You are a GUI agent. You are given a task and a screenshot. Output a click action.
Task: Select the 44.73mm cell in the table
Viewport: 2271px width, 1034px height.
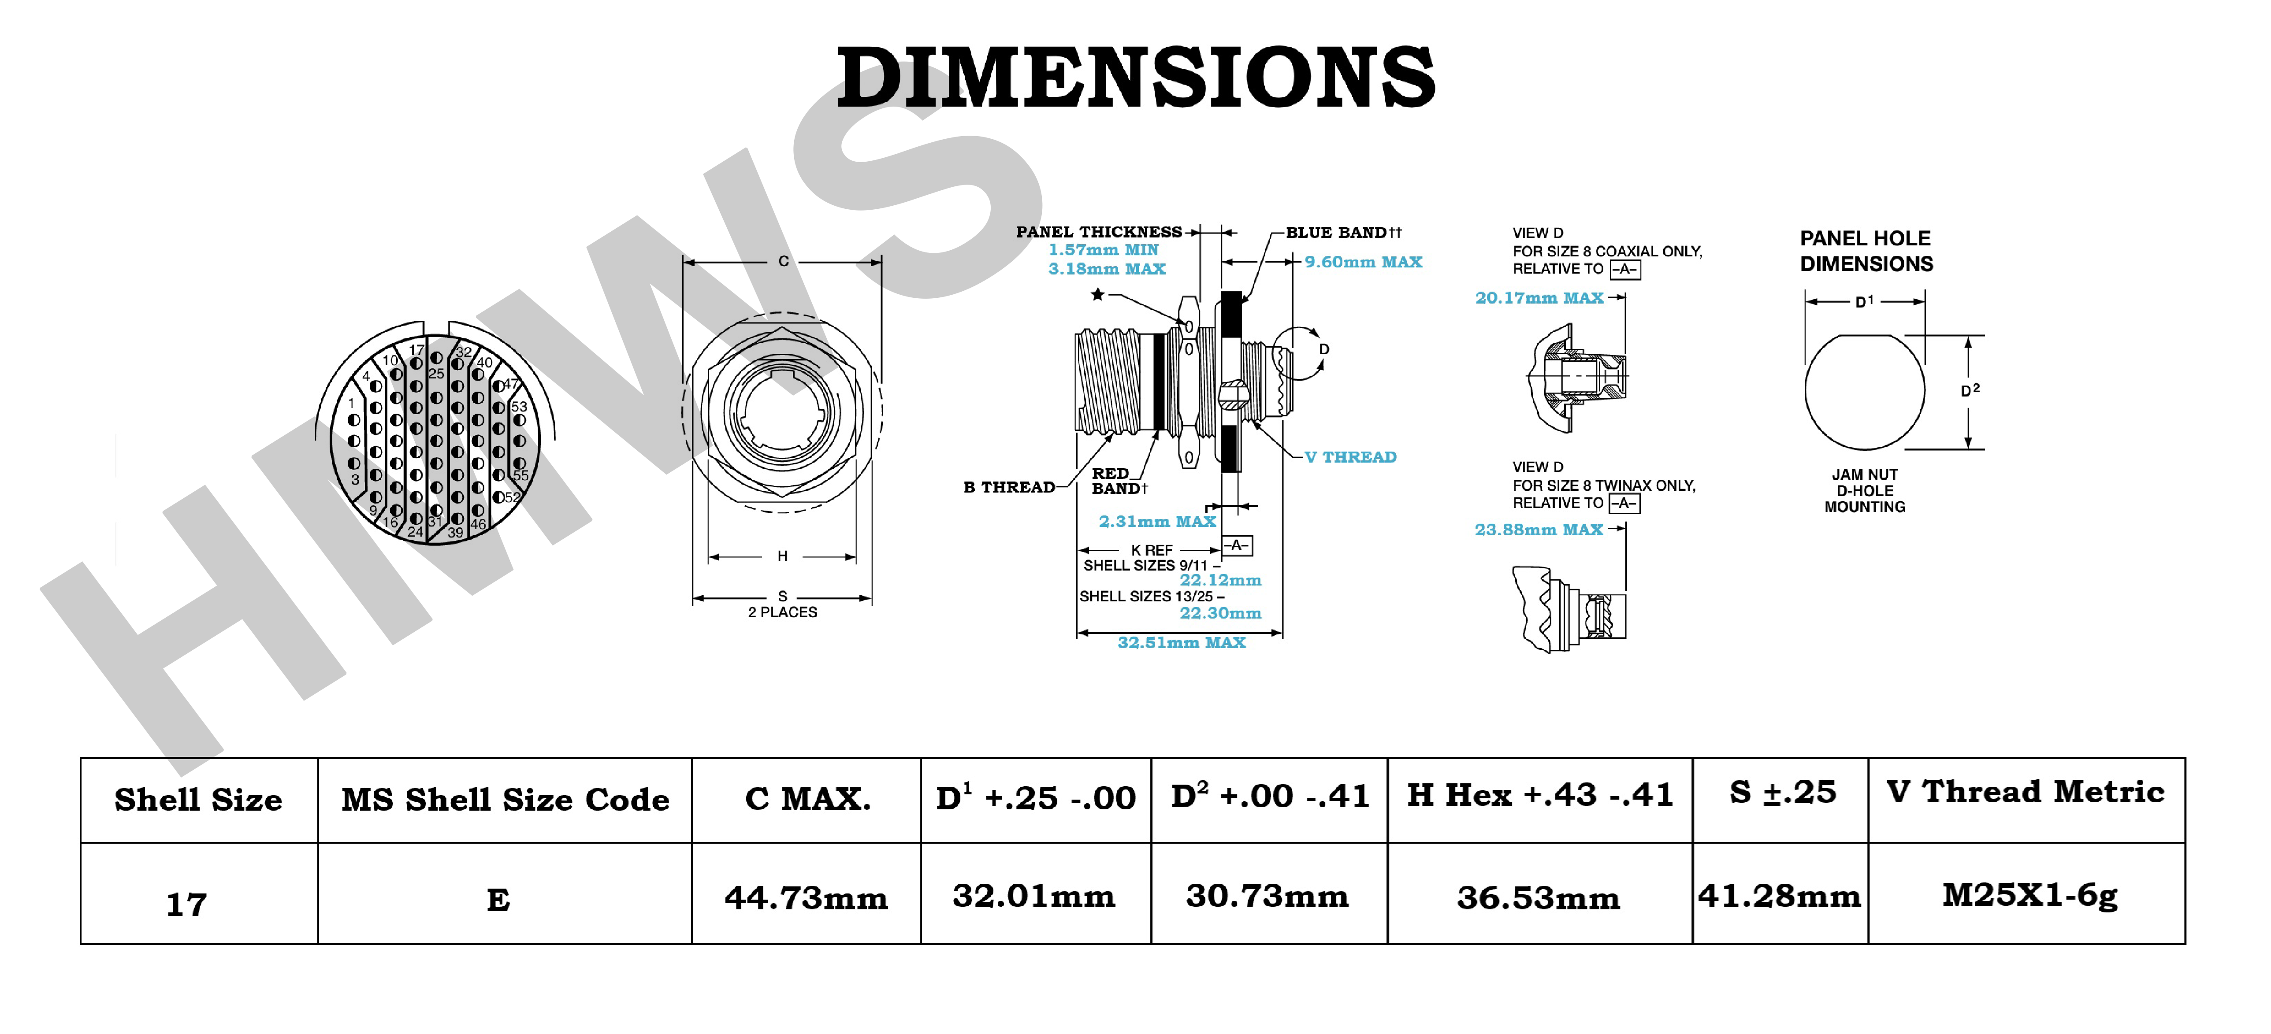coord(806,897)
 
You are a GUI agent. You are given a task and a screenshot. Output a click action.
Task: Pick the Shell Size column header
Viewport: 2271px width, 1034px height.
coord(198,800)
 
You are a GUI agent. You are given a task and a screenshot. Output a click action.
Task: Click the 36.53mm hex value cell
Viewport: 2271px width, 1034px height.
coord(1539,897)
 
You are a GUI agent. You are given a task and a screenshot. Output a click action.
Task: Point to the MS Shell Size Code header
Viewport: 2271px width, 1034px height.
coord(505,800)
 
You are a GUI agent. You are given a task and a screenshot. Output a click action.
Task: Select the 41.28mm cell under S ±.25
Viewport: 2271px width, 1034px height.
coord(1779,896)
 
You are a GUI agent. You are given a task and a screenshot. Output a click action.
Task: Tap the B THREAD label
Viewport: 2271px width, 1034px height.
coord(1008,486)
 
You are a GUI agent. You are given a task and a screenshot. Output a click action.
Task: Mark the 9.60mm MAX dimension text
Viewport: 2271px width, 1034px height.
coord(1363,262)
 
